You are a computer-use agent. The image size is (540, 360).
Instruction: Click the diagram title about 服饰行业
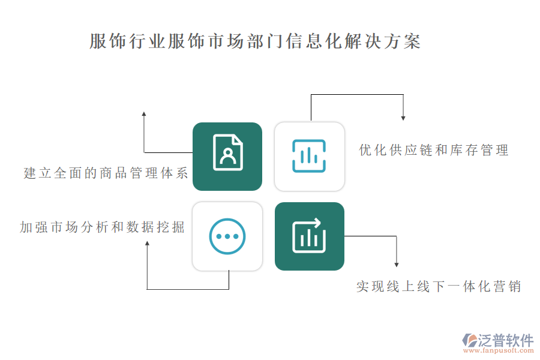tap(255, 41)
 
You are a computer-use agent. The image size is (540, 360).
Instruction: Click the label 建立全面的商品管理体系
tap(106, 173)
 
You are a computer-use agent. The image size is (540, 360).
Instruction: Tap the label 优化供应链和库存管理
tap(434, 150)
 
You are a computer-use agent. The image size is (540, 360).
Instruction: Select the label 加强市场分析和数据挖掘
tap(102, 227)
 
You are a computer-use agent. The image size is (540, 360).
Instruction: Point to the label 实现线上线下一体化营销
tap(439, 287)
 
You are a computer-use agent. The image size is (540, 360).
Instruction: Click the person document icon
tap(227, 152)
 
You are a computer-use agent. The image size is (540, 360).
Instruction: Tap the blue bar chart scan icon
tap(309, 156)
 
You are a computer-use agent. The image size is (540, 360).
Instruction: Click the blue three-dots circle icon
tap(227, 236)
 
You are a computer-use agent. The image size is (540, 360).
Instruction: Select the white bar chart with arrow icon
tap(309, 236)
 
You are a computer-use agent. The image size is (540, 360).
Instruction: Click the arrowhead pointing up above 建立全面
tap(144, 113)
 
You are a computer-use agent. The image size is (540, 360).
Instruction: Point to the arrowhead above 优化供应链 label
tap(403, 118)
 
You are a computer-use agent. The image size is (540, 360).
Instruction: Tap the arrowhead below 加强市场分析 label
tap(147, 244)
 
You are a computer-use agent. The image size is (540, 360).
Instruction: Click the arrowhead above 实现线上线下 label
tap(397, 265)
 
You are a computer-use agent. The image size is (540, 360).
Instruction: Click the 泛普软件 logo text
tap(506, 340)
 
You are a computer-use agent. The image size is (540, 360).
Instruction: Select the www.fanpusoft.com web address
tap(499, 350)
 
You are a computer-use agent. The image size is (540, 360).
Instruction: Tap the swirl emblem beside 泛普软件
tap(470, 340)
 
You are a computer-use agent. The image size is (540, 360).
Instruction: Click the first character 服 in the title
tap(98, 41)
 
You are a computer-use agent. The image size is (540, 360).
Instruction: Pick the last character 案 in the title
tap(412, 41)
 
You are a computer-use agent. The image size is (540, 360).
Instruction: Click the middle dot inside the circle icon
tap(227, 236)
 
